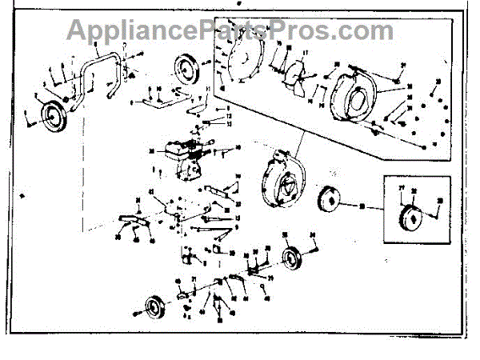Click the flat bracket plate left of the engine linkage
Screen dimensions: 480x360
click(132, 220)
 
